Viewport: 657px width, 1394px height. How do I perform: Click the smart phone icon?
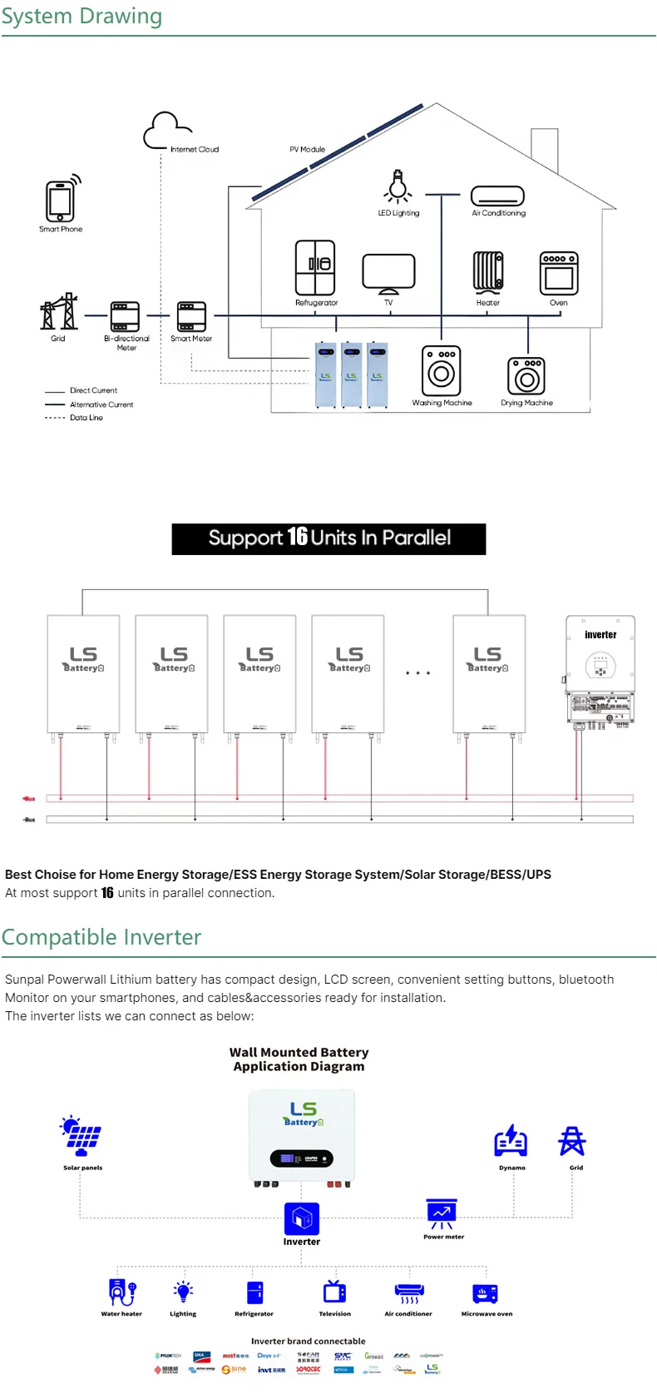coord(60,201)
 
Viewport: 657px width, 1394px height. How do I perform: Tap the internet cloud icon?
coord(166,131)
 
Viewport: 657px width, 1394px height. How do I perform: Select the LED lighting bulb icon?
coord(398,186)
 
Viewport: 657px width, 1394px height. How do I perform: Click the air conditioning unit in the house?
coord(497,196)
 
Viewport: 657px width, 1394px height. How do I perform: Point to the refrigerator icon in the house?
coord(315,268)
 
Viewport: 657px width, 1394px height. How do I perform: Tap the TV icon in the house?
coord(388,272)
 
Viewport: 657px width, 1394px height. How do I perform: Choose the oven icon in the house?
coord(558,273)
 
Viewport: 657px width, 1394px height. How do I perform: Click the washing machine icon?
coord(441,371)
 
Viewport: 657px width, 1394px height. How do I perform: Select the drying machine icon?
coord(526,375)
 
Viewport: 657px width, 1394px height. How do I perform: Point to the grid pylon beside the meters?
coord(58,312)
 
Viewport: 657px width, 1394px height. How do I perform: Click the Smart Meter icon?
coord(191,317)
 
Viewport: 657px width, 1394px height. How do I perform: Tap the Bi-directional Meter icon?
coord(126,317)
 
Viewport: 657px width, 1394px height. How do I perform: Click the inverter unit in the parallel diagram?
coord(600,670)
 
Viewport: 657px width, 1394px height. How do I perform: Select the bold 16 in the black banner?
coord(298,538)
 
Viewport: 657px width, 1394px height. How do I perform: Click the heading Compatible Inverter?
coord(101,937)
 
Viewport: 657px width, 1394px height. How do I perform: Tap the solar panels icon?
coord(82,1136)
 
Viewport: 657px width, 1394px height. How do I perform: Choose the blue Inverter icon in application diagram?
coord(301,1219)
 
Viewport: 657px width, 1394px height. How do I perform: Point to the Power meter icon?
coord(442,1214)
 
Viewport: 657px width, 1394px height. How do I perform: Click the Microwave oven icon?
coord(486,1293)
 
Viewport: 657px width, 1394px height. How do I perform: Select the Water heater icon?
coord(121,1292)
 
